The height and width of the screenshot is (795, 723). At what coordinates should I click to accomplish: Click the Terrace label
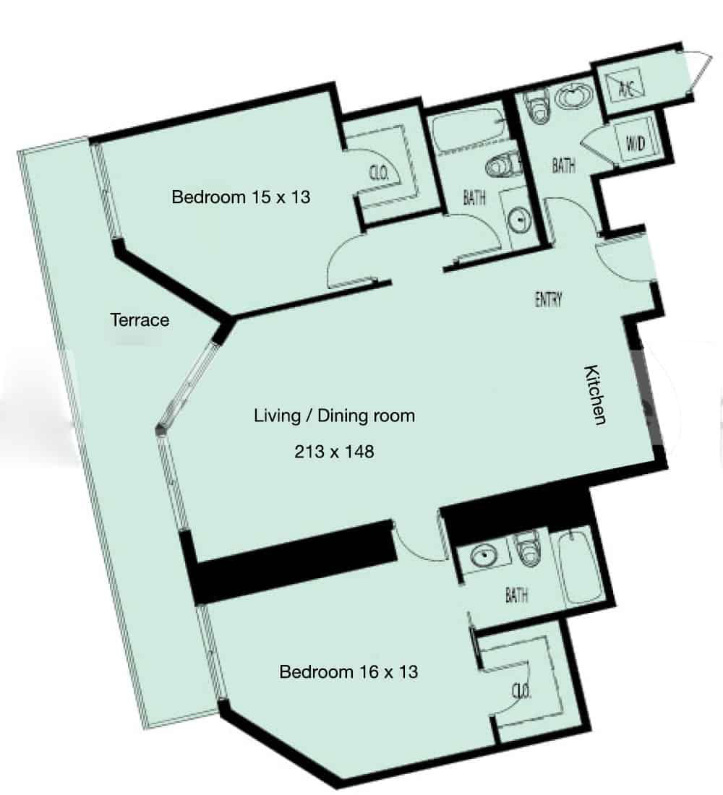[x=140, y=320]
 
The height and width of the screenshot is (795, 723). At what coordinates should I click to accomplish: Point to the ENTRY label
[x=549, y=300]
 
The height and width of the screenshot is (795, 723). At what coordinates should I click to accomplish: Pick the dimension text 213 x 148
[x=334, y=451]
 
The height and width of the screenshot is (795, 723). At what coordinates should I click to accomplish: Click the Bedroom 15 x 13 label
[x=241, y=197]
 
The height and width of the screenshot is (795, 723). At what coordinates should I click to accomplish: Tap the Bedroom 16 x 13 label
[x=348, y=672]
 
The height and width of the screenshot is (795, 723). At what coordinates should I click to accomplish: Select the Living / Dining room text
[x=334, y=416]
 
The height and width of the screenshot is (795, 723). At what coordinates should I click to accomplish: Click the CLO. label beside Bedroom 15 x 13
[x=379, y=173]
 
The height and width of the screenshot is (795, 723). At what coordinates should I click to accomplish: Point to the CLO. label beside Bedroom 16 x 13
[x=521, y=690]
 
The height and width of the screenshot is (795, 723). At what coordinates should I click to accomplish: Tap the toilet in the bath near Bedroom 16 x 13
[x=529, y=549]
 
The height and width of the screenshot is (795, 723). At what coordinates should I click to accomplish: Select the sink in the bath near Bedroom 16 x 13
[x=484, y=556]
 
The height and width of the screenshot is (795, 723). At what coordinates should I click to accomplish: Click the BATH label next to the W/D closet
[x=564, y=166]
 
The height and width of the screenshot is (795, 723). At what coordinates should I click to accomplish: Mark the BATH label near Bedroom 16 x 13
[x=516, y=595]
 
